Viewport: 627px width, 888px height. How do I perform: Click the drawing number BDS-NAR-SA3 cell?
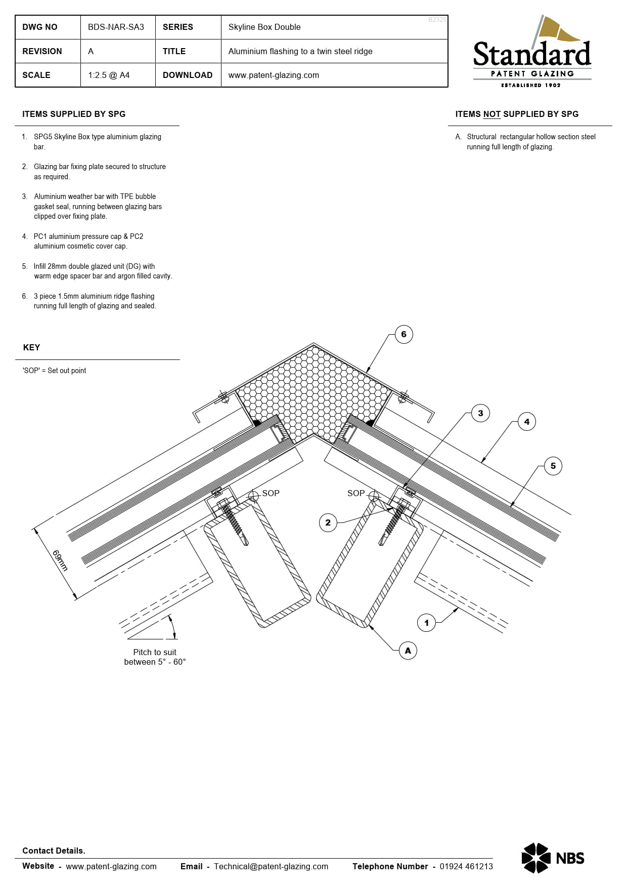pos(116,27)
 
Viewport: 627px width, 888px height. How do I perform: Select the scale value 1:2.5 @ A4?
pos(109,75)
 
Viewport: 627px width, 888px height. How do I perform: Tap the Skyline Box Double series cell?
pos(264,27)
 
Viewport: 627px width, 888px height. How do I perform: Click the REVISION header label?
pos(42,52)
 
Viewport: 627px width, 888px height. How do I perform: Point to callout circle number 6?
pos(404,334)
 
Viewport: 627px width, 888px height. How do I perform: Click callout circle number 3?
pos(480,413)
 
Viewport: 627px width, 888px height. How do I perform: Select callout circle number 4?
pos(526,422)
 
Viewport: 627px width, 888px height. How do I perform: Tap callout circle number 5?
pos(553,466)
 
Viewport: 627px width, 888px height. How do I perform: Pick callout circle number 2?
pos(328,522)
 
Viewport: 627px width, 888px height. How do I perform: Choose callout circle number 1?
pos(426,623)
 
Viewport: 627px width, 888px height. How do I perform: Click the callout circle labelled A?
pos(408,651)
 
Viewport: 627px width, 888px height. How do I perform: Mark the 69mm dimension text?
pos(60,560)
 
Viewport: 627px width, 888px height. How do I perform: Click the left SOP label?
pos(271,493)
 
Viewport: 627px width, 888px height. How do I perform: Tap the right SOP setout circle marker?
pos(373,496)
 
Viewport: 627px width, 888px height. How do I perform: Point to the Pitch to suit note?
pos(155,657)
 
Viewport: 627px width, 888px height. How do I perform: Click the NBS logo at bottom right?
pos(552,858)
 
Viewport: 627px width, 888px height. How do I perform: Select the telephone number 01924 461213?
pos(466,866)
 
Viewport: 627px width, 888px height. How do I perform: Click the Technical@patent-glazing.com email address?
pos(271,866)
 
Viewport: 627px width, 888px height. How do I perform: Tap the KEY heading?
pos(31,347)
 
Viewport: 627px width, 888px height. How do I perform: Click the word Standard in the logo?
pos(531,55)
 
